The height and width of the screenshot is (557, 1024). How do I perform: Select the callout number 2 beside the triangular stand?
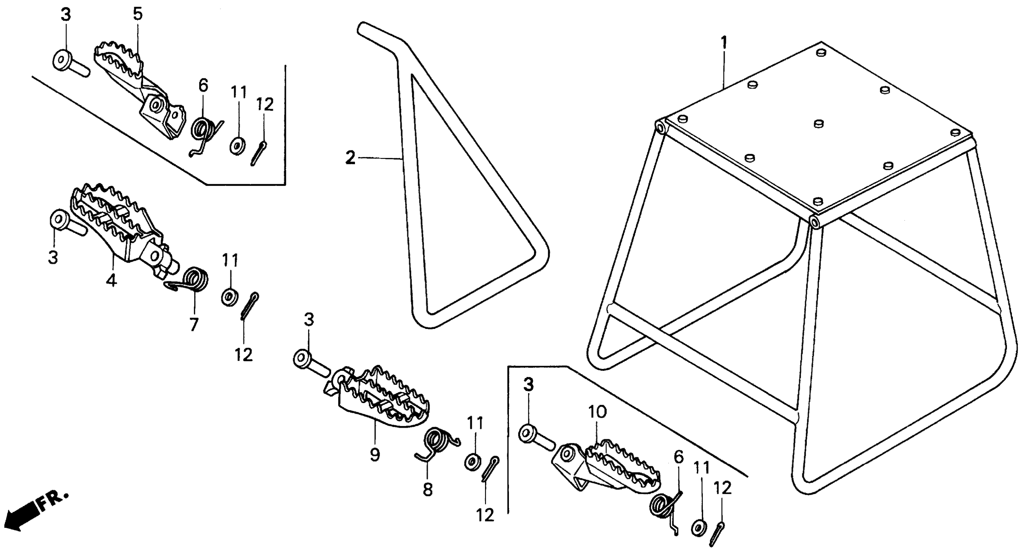click(350, 158)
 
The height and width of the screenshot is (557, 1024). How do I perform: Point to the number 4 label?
click(111, 280)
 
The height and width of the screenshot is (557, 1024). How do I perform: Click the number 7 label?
click(194, 325)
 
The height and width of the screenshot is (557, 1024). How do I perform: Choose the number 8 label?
click(428, 490)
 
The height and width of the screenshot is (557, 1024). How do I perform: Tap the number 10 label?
click(597, 412)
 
